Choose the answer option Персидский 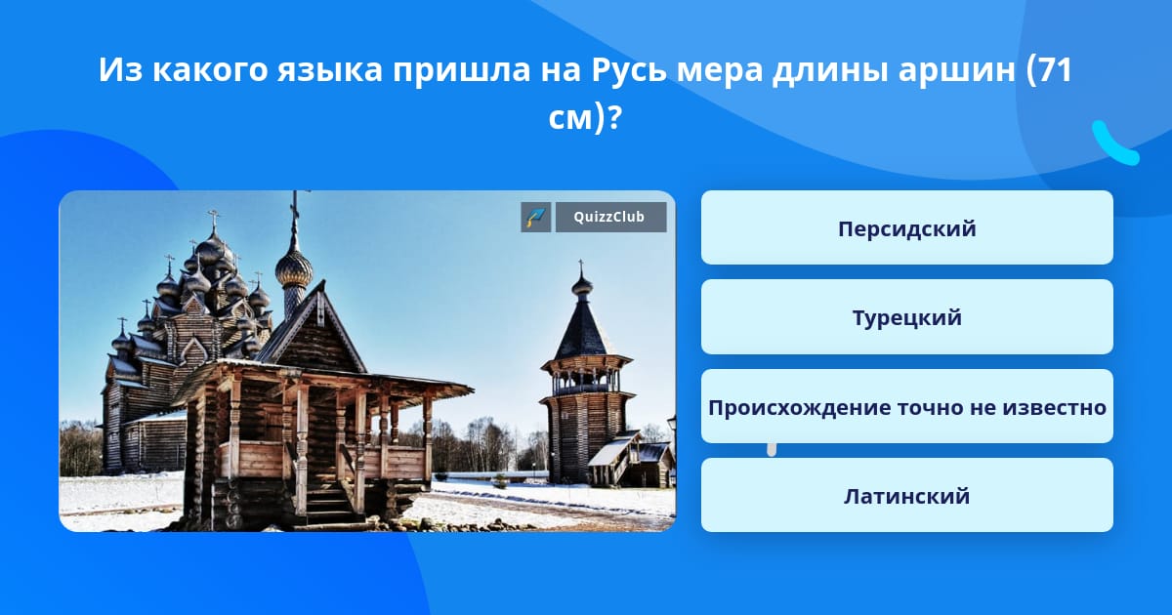[906, 227]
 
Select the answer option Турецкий [906, 317]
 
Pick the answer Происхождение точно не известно [906, 406]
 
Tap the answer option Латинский [906, 495]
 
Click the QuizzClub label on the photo [610, 217]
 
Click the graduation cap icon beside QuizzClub [536, 217]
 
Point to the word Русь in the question [629, 69]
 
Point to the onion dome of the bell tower [582, 285]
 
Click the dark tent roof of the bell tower [583, 330]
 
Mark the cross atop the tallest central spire [295, 200]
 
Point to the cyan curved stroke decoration [1114, 143]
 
